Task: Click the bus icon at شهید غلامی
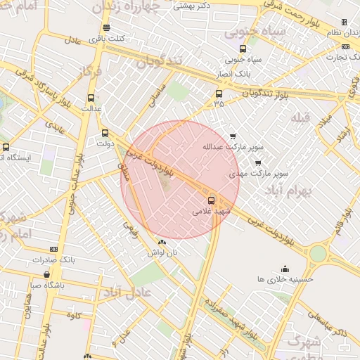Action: point(212,200)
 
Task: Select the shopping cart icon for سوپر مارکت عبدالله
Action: point(233,136)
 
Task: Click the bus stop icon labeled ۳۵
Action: point(219,93)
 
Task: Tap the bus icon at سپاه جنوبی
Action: point(243,49)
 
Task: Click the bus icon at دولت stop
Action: point(105,133)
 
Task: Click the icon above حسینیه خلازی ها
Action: point(285,269)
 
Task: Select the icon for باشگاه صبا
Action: point(47,275)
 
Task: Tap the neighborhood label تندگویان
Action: point(158,62)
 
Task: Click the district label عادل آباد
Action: point(127,291)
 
